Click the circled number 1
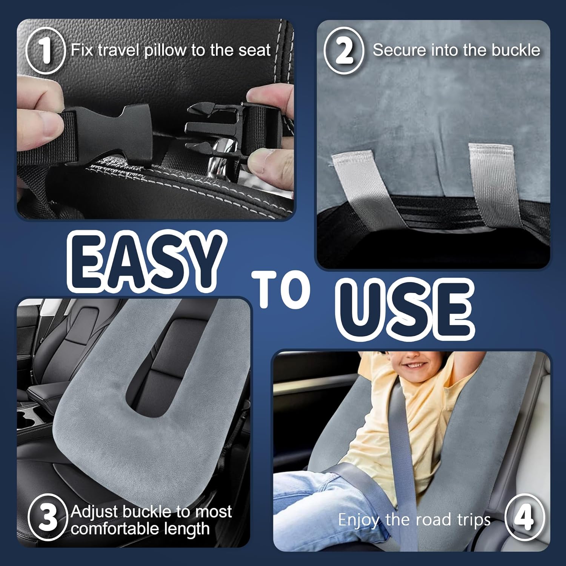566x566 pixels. point(46,51)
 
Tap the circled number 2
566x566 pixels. point(344,51)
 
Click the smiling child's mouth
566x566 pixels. point(415,365)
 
